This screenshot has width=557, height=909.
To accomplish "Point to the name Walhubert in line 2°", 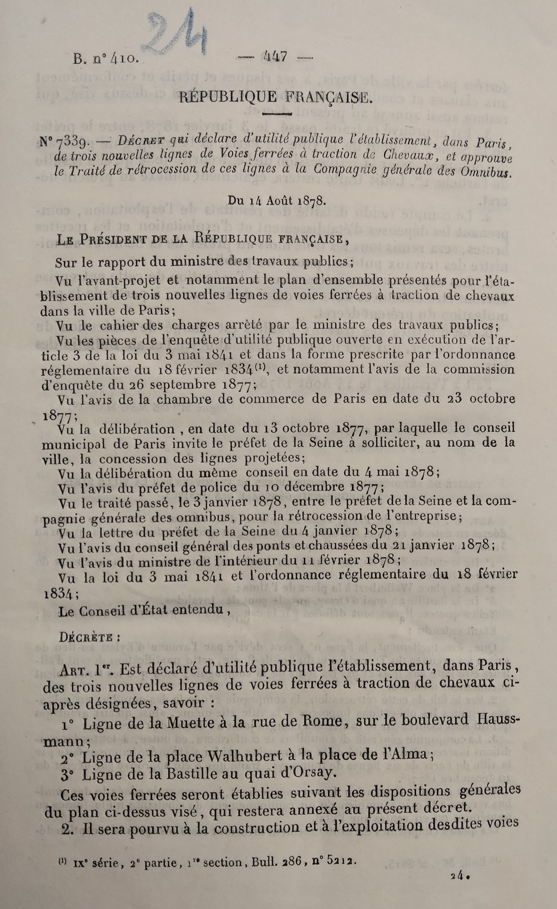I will (x=248, y=755).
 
